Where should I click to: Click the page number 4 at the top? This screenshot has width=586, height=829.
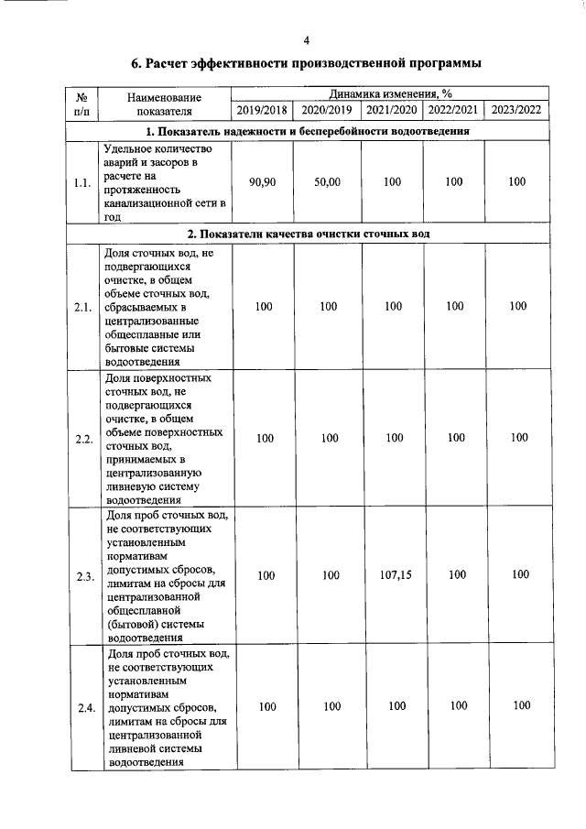point(307,40)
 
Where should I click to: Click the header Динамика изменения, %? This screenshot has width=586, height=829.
point(391,93)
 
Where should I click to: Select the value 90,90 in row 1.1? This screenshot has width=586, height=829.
point(262,182)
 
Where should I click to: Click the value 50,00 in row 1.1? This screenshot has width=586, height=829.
point(327,182)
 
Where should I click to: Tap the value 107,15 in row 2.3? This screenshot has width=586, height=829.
point(393,574)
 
